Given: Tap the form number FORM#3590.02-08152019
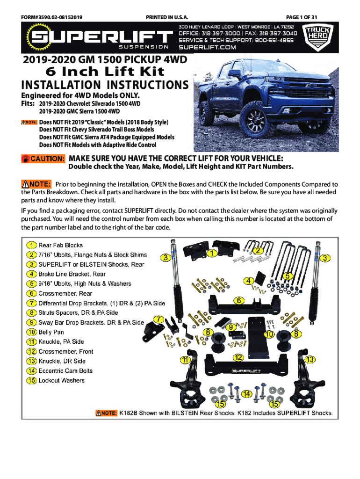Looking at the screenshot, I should [x=52, y=17].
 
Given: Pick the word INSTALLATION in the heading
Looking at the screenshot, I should [x=54, y=85].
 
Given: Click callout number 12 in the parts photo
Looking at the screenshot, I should [x=238, y=358].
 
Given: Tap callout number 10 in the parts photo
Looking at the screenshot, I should [x=269, y=334].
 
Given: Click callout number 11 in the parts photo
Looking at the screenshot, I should [x=186, y=360].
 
